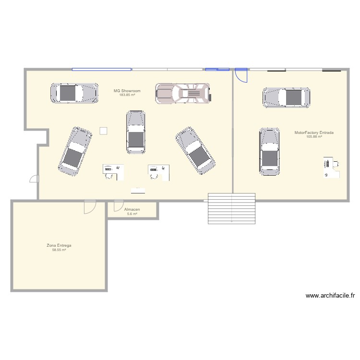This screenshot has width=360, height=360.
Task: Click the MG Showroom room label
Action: tap(127, 91)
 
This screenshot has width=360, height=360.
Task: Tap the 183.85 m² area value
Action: tap(127, 95)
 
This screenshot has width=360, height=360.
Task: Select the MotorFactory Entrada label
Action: tap(314, 132)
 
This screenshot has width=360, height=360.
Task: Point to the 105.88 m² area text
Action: tap(314, 137)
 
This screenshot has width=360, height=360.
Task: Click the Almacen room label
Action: tap(132, 210)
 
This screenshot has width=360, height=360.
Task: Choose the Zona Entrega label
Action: tap(59, 245)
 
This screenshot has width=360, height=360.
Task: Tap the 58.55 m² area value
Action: tap(59, 250)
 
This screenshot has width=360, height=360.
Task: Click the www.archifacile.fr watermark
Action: tap(329, 296)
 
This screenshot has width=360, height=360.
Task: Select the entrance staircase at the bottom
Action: tap(231, 207)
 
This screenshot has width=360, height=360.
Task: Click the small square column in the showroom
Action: tap(103, 131)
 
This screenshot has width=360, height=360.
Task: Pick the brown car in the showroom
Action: tap(183, 94)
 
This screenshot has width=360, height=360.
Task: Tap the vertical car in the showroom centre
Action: tap(136, 132)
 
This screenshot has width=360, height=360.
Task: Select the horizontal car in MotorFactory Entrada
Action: tap(286, 97)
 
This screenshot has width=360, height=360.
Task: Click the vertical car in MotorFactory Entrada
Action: tap(269, 151)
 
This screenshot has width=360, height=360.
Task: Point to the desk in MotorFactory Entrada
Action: tap(331, 167)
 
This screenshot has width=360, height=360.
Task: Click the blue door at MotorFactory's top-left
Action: tap(241, 75)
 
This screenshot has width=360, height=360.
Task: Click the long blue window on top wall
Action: tap(102, 70)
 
